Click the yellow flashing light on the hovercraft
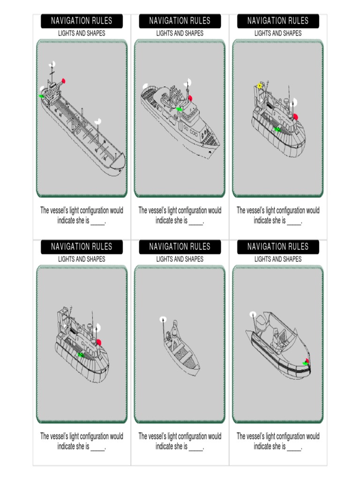[259, 86]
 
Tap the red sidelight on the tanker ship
[63, 81]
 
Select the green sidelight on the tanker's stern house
[41, 96]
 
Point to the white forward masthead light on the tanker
[98, 121]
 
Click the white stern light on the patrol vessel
[145, 86]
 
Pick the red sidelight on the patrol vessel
[190, 98]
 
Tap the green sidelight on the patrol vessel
[179, 109]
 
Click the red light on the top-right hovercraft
[295, 117]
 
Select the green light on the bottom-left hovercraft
[81, 355]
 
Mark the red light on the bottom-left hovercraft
[98, 342]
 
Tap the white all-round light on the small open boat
[163, 319]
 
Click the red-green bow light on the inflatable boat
[307, 361]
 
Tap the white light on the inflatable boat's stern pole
[253, 314]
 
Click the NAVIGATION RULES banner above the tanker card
[82, 21]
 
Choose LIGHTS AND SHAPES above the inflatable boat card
[278, 259]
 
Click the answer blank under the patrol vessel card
[196, 221]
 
